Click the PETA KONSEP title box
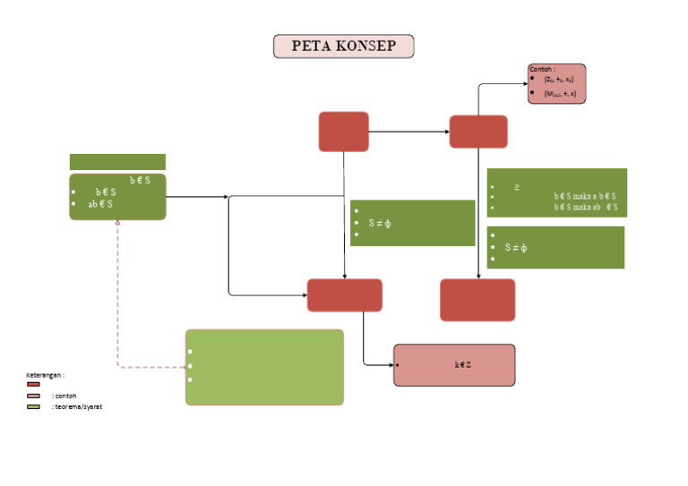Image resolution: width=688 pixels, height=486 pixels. [343, 47]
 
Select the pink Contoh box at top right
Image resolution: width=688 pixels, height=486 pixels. [557, 84]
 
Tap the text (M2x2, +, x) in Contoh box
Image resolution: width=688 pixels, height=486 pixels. [560, 93]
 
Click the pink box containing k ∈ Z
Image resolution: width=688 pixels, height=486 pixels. [454, 365]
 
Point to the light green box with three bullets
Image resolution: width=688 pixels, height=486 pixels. [264, 367]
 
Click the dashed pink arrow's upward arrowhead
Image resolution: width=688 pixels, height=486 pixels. [117, 225]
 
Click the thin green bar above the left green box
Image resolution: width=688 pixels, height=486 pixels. [117, 162]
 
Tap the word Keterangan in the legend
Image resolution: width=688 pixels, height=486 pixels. [45, 374]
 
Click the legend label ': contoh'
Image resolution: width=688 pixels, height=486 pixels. [64, 396]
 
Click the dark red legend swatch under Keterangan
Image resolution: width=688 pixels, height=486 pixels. [33, 384]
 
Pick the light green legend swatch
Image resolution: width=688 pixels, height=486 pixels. [33, 406]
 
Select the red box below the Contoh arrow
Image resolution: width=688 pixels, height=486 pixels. [477, 132]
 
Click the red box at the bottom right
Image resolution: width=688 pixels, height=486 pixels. [477, 300]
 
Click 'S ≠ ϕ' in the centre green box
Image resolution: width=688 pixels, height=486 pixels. [380, 223]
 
